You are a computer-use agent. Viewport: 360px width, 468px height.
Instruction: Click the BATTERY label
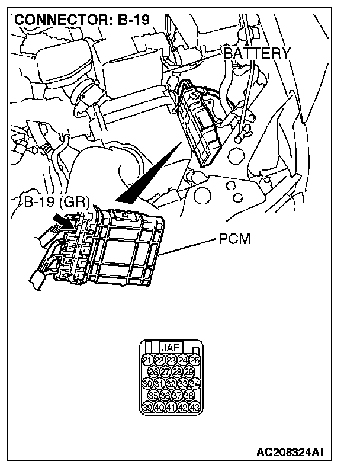click(257, 53)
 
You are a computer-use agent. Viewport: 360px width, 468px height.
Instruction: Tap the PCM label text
click(235, 240)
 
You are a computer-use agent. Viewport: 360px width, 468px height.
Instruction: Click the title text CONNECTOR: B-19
click(82, 19)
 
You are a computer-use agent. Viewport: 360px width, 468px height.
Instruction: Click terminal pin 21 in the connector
click(147, 360)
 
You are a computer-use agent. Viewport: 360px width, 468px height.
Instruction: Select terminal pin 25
click(195, 360)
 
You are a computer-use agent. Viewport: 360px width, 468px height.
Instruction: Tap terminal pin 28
click(177, 371)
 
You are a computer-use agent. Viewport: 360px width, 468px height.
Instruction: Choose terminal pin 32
click(171, 383)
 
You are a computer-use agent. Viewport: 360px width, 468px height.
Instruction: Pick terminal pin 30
click(147, 383)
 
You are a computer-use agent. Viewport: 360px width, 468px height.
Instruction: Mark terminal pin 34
click(195, 383)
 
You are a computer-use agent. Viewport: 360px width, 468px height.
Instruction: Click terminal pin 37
click(177, 395)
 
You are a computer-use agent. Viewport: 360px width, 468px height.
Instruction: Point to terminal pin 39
click(147, 407)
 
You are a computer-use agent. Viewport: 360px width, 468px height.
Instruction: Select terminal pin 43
click(195, 407)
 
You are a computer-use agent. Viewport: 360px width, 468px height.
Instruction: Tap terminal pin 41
click(171, 407)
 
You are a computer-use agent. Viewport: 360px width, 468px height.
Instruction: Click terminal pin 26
click(153, 371)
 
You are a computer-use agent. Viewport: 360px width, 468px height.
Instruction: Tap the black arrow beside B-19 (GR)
click(64, 220)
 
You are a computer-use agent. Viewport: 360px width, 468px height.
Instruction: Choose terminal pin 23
click(171, 360)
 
